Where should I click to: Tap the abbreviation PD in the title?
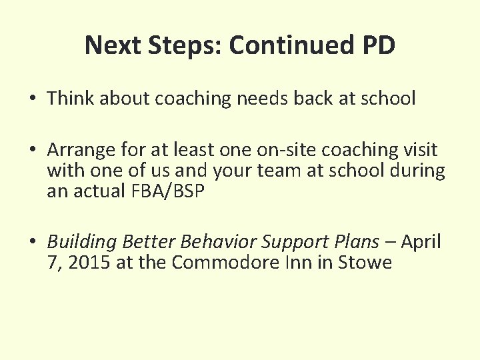coord(378,45)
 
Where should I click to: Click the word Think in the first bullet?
coord(69,99)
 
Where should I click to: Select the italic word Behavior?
coord(212,241)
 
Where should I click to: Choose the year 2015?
coord(89,262)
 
